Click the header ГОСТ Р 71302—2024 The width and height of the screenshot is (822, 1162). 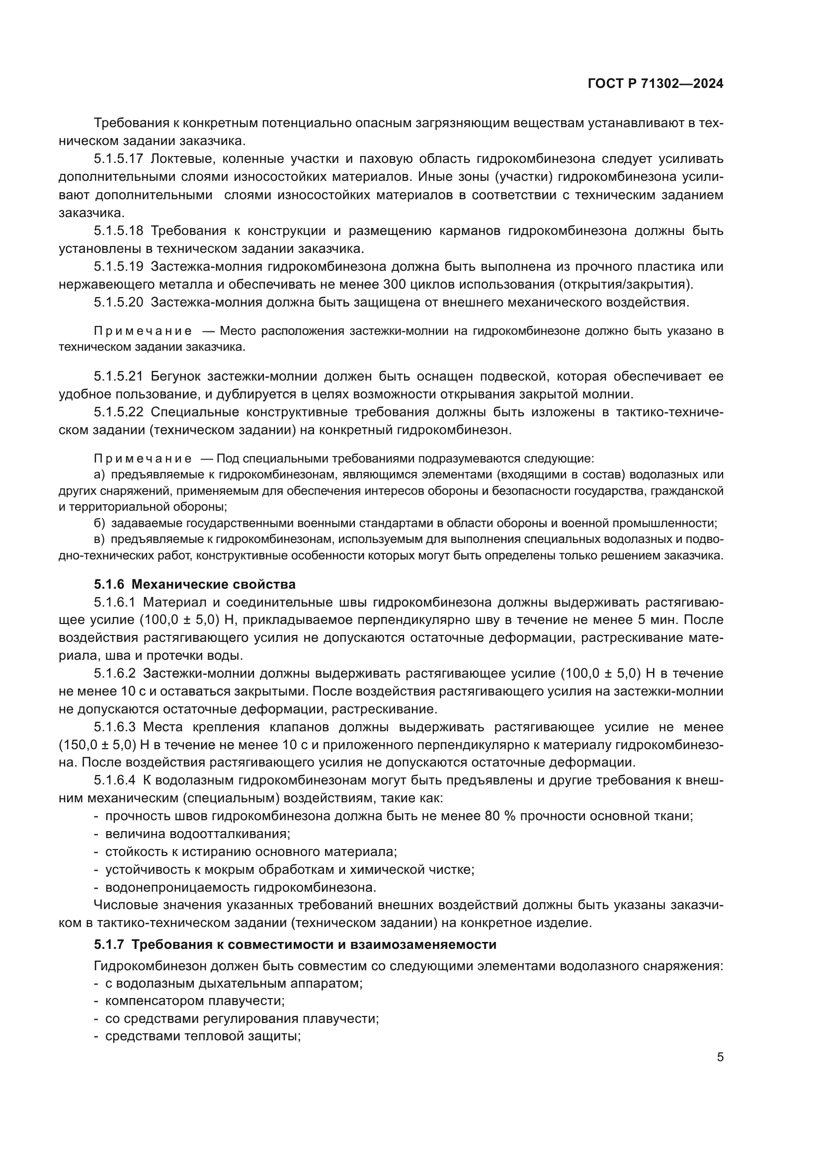click(x=655, y=84)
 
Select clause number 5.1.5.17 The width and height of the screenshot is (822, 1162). click(x=118, y=159)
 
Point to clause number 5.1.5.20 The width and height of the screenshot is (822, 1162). click(x=118, y=303)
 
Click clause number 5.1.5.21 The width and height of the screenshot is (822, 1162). click(x=118, y=376)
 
